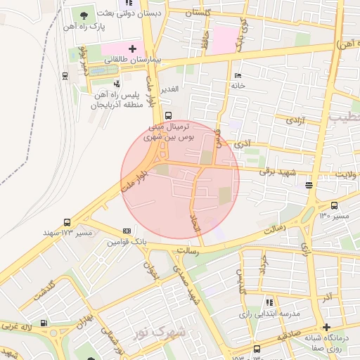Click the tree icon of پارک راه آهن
pos(84,14)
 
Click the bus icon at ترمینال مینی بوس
pos(167,116)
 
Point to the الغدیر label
pos(171,90)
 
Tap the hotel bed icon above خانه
pos(238,75)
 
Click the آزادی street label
pos(294,122)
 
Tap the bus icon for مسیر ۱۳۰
pos(333,206)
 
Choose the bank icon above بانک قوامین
pos(127,231)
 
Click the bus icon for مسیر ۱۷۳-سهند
pos(67,221)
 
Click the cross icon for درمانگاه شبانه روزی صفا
pos(326,327)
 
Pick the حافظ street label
pos(206,38)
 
